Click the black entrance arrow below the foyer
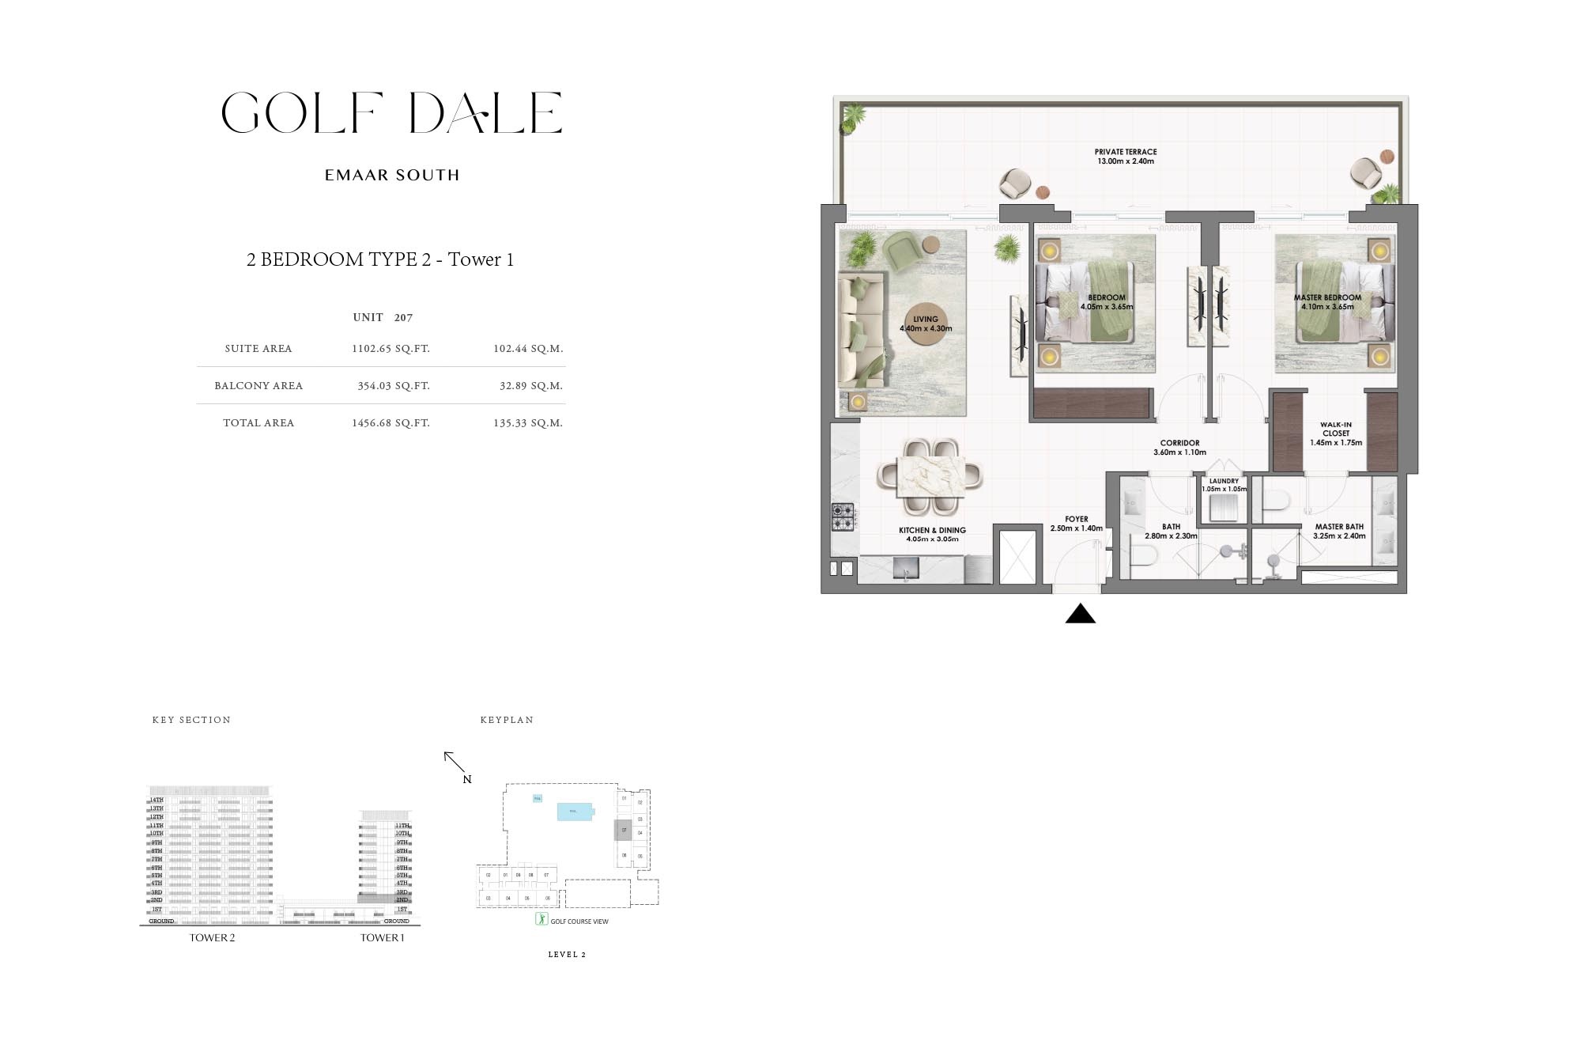click(x=1080, y=614)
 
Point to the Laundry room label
click(x=1224, y=481)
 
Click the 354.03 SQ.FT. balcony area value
click(x=391, y=386)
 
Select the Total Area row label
click(x=258, y=423)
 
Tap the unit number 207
click(x=403, y=318)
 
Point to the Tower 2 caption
click(x=212, y=938)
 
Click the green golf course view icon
click(x=541, y=919)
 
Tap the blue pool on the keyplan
click(x=575, y=812)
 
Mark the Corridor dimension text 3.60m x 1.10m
click(x=1179, y=453)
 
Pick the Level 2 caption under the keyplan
click(x=567, y=955)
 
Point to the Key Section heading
click(x=191, y=721)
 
